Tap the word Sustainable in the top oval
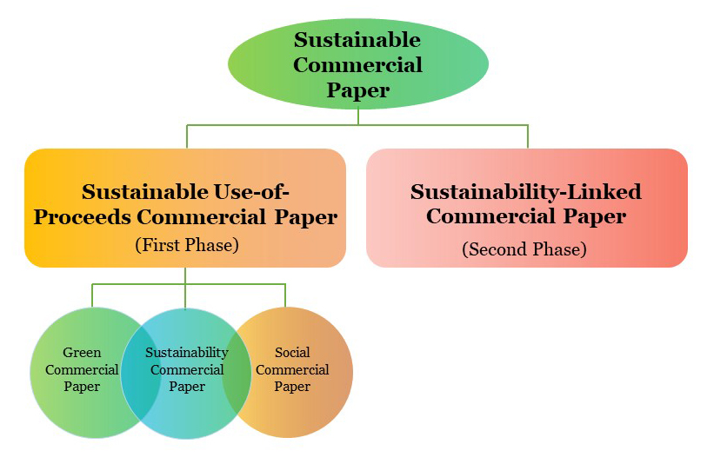click(x=357, y=40)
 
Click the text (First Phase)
click(x=185, y=245)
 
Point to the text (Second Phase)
click(x=524, y=249)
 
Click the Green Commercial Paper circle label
click(x=82, y=369)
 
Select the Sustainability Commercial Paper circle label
click(x=186, y=369)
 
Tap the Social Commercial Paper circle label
click(x=292, y=369)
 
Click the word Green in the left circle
click(x=82, y=353)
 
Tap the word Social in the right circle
click(x=292, y=353)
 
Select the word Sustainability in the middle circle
click(x=186, y=353)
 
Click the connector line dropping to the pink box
click(x=528, y=136)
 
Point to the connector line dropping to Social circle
click(x=285, y=295)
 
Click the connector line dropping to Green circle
click(x=92, y=295)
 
